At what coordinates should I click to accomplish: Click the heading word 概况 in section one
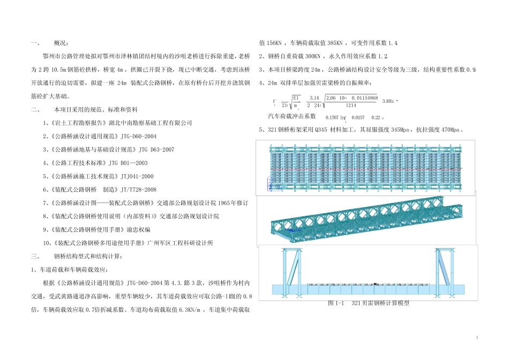pos(62,43)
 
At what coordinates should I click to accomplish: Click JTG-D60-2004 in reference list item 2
pos(138,136)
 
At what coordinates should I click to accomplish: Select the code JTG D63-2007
pos(156,149)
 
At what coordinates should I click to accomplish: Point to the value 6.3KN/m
pos(191,310)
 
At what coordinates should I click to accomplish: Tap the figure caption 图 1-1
pos(335,303)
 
